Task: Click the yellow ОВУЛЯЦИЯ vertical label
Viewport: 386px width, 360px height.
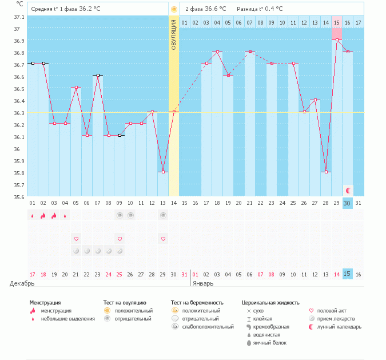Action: pos(174,34)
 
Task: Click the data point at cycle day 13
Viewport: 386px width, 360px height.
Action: pos(163,172)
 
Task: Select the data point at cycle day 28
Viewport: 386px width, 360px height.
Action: pos(326,172)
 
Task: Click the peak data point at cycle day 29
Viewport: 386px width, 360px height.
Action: pos(337,40)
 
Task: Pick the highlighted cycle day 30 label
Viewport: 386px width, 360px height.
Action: pos(347,203)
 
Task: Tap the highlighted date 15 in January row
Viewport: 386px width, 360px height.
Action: pos(347,274)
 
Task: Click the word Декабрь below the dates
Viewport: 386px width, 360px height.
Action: pos(22,283)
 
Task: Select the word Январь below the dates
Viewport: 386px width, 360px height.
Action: pos(203,283)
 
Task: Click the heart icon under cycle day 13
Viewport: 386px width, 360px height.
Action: pos(163,239)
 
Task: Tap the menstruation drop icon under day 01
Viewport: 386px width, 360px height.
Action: pos(33,216)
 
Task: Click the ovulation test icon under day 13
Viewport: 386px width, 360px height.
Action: pos(163,215)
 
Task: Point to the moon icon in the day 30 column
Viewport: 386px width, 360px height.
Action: pos(347,190)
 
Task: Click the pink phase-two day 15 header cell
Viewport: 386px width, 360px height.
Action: pos(337,22)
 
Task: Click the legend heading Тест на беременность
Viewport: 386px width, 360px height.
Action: pos(197,302)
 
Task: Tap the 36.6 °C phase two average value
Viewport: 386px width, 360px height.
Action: pos(216,9)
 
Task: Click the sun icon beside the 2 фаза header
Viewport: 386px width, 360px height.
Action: pos(174,9)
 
